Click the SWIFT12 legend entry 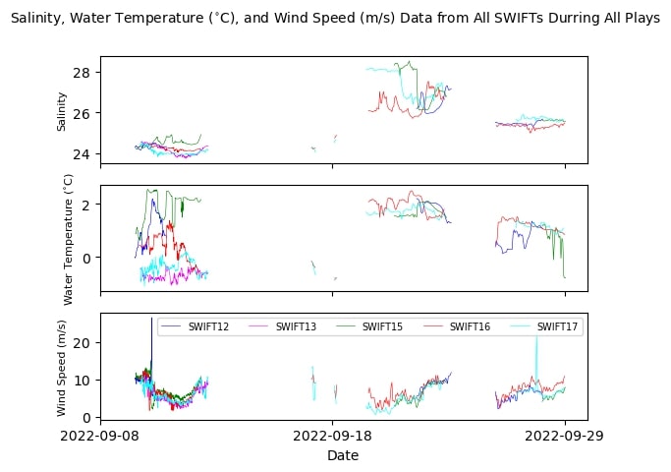pyautogui.click(x=207, y=326)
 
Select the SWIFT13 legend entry pyautogui.click(x=296, y=326)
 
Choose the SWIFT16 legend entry pyautogui.click(x=470, y=326)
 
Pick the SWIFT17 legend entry pyautogui.click(x=557, y=326)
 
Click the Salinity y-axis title pyautogui.click(x=62, y=110)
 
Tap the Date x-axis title pyautogui.click(x=343, y=455)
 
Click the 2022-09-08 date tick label pyautogui.click(x=100, y=435)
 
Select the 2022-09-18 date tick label pyautogui.click(x=331, y=435)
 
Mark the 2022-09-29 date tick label pyautogui.click(x=564, y=435)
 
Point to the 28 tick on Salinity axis pyautogui.click(x=82, y=73)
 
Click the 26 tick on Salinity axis pyautogui.click(x=82, y=113)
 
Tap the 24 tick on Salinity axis pyautogui.click(x=82, y=153)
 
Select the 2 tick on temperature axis pyautogui.click(x=85, y=205)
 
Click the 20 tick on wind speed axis pyautogui.click(x=82, y=342)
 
